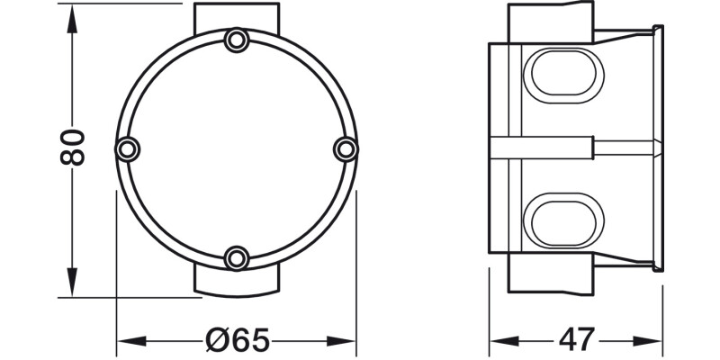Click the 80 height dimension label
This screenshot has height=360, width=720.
pos(74,147)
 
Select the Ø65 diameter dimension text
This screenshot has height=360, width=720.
pos(237,340)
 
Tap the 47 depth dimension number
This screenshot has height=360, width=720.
pos(576,340)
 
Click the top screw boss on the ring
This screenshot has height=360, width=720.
pos(237,40)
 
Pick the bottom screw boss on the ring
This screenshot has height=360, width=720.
pos(237,258)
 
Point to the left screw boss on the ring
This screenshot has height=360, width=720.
pos(127,148)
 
